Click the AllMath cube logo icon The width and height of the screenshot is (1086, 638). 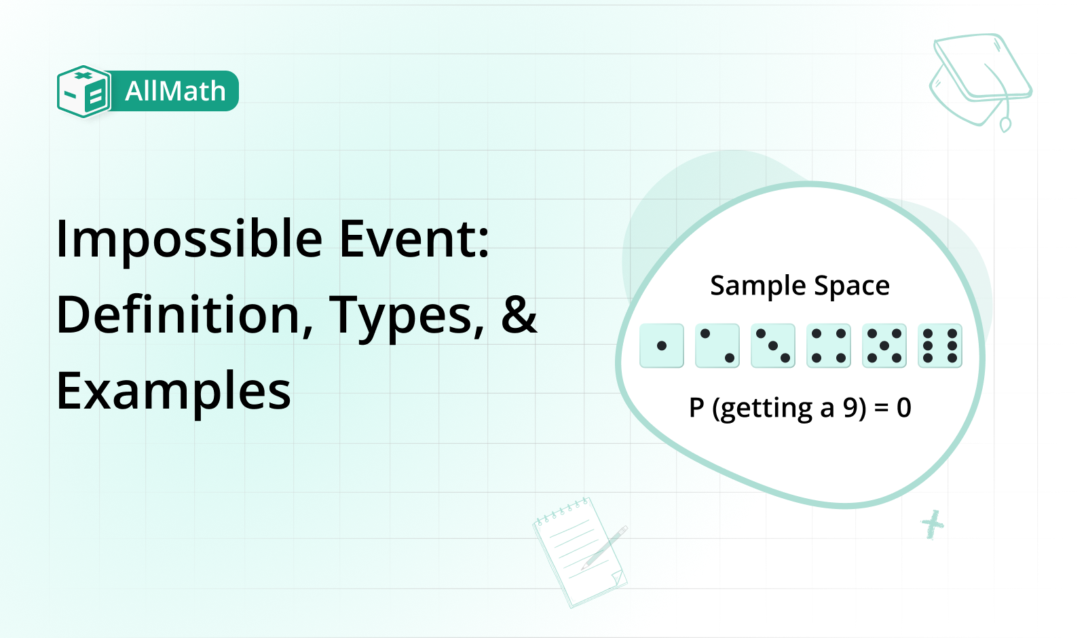pos(83,92)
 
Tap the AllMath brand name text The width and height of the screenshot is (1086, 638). pos(176,91)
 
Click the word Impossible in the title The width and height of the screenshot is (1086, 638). pos(189,240)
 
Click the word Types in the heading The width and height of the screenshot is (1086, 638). pos(407,318)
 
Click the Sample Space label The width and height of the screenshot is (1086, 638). pos(800,286)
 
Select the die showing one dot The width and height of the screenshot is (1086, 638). pos(662,345)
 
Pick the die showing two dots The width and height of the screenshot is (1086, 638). pos(717,345)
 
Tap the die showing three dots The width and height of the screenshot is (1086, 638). pos(773,345)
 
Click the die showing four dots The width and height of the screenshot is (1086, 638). pos(829,345)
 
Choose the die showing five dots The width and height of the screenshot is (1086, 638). pos(884,345)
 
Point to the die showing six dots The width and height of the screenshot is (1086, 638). pos(940,345)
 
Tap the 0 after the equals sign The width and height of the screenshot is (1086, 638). pos(903,408)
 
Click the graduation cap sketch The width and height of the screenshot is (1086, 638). pos(980,82)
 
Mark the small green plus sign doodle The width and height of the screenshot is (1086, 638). pos(933,525)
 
